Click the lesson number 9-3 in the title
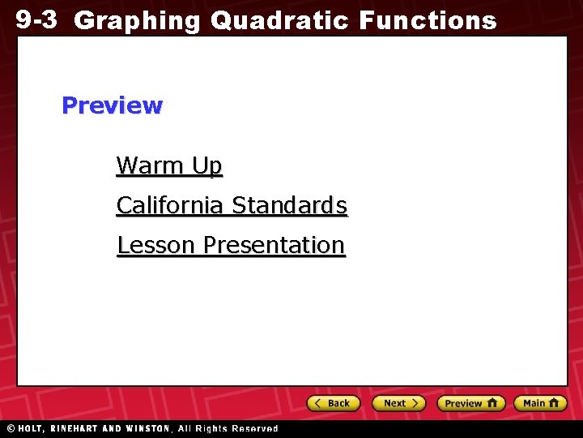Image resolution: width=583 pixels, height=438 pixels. tap(36, 19)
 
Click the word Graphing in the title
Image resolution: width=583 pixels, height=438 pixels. tap(137, 21)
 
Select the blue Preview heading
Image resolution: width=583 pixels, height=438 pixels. tap(112, 105)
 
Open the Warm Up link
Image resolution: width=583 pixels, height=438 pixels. tap(168, 165)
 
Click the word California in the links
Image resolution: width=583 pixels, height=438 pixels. tap(171, 205)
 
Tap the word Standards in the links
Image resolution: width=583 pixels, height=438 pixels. tap(290, 205)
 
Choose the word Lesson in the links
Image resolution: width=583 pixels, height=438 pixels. tap(157, 245)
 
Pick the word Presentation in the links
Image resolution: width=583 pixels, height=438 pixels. tap(274, 245)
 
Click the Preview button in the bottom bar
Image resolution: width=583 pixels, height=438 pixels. tap(471, 403)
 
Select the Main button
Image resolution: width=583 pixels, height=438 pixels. tap(543, 403)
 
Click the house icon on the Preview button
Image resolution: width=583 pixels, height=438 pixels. tap(492, 402)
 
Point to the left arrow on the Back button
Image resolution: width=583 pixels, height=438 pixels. tap(319, 403)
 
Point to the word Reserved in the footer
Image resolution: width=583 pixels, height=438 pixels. tap(254, 428)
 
